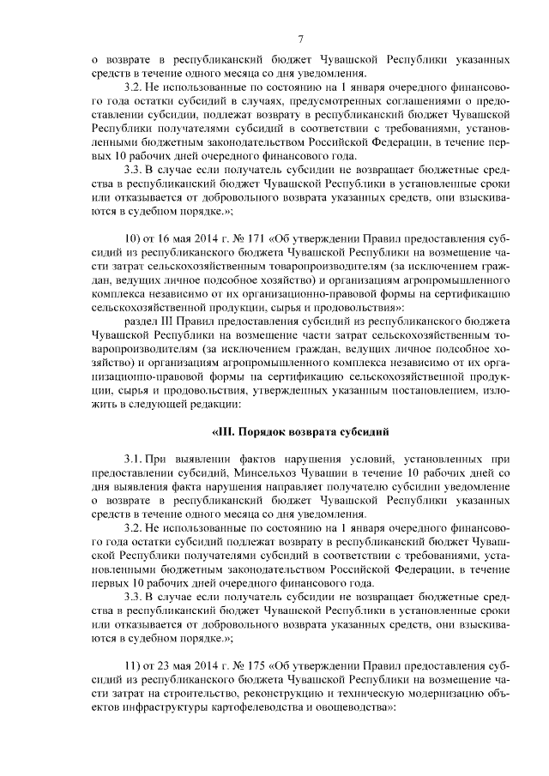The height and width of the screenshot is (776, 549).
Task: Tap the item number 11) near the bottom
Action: pos(135,666)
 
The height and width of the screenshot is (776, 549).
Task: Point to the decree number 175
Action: pos(255,666)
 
